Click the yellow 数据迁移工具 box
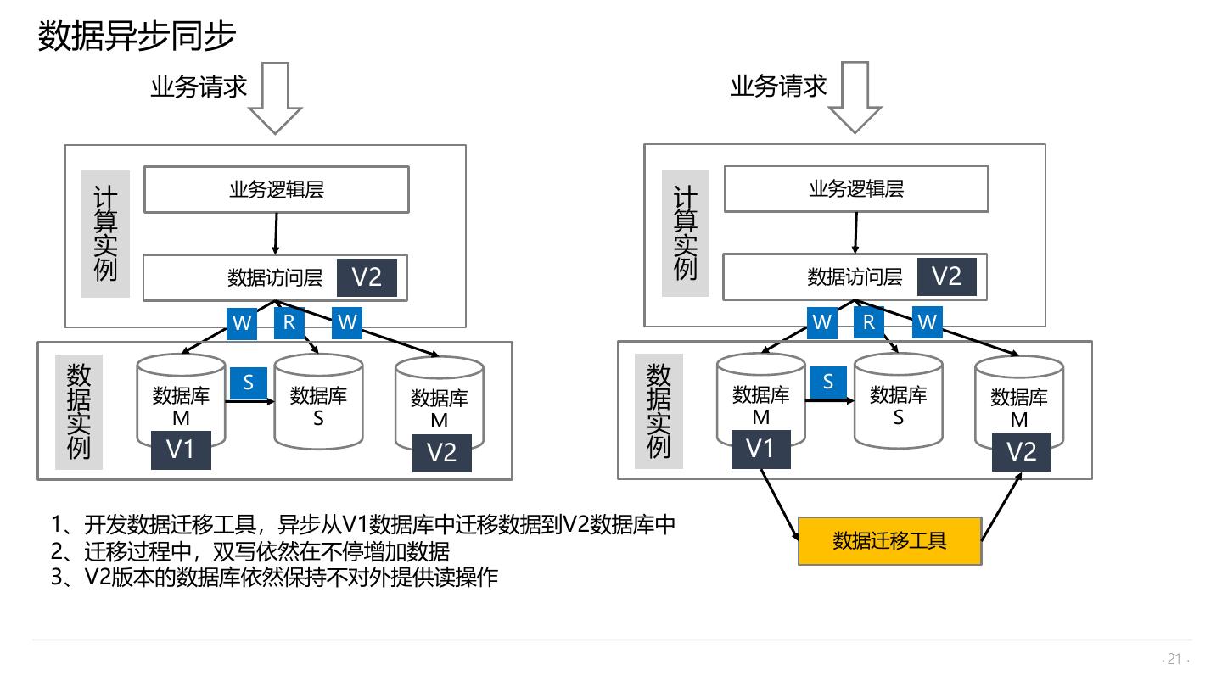tap(889, 541)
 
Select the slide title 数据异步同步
tap(137, 36)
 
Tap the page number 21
tap(1174, 659)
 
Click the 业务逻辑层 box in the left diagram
tap(276, 189)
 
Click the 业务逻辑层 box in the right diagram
tap(855, 188)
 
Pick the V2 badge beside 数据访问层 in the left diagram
tap(367, 277)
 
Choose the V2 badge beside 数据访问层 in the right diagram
tap(946, 276)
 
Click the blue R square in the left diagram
tap(289, 322)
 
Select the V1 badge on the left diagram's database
tap(180, 450)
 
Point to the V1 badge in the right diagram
tap(760, 449)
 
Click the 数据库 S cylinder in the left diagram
tap(318, 402)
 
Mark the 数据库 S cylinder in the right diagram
tap(898, 401)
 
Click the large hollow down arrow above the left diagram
tap(275, 97)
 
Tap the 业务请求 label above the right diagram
tap(778, 86)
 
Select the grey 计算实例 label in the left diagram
tap(105, 234)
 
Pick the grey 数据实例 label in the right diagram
tap(659, 411)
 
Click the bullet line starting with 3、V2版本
tap(274, 578)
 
